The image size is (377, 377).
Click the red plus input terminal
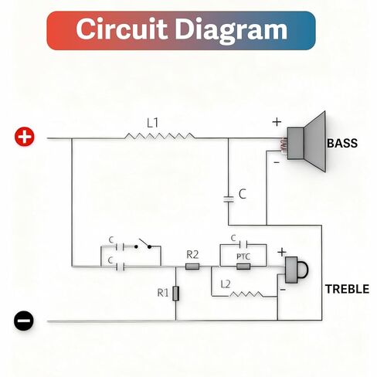pyautogui.click(x=25, y=137)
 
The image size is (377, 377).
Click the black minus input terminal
pyautogui.click(x=24, y=321)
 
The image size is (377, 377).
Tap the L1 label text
pyautogui.click(x=153, y=123)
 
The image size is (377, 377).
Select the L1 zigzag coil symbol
pyautogui.click(x=160, y=136)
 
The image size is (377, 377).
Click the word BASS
pyautogui.click(x=342, y=143)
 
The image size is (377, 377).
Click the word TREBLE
pyautogui.click(x=347, y=289)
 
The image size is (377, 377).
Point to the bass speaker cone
pyautogui.click(x=314, y=141)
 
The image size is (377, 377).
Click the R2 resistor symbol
pyautogui.click(x=192, y=267)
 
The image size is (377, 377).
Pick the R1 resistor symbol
pyautogui.click(x=175, y=294)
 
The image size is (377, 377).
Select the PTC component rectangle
pyautogui.click(x=243, y=267)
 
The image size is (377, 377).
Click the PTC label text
pyautogui.click(x=243, y=256)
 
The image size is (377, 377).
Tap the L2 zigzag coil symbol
pyautogui.click(x=246, y=294)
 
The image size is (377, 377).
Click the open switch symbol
pyautogui.click(x=143, y=244)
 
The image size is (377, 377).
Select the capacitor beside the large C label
pyautogui.click(x=229, y=199)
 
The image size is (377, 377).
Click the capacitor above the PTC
pyautogui.click(x=243, y=243)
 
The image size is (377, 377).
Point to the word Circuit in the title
pyautogui.click(x=121, y=29)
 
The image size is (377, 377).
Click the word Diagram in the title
pyautogui.click(x=231, y=30)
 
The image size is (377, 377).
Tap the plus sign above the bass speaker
pyautogui.click(x=277, y=122)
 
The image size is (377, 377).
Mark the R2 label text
pyautogui.click(x=192, y=255)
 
